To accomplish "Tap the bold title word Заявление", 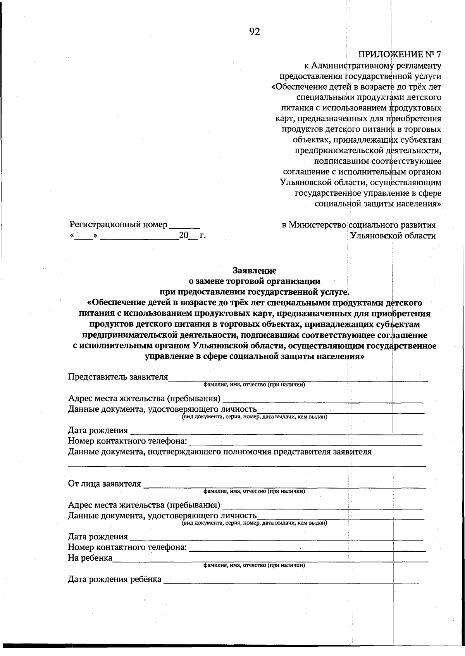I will (254, 270).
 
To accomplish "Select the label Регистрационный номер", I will (119, 224).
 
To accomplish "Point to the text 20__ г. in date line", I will (192, 235).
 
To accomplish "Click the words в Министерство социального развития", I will (359, 225).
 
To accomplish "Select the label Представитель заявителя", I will (118, 377).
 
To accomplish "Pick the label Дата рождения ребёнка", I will (115, 579).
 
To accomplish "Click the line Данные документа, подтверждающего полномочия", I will (220, 452).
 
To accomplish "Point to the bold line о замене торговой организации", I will (254, 281).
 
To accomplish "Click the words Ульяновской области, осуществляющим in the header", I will (360, 182).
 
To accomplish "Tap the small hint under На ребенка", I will (254, 565).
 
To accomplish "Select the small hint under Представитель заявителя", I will (254, 385).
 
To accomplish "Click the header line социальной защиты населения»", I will (378, 204).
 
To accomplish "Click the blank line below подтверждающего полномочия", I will (247, 465).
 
